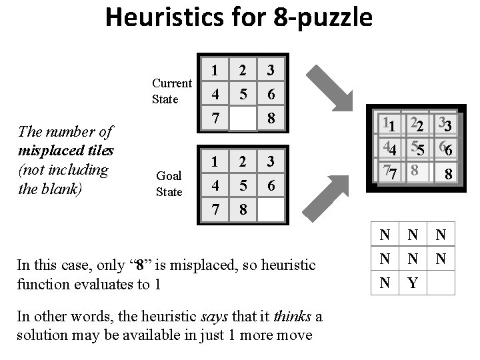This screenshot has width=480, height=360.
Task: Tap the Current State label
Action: point(171,91)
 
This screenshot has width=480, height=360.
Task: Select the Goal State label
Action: point(169,183)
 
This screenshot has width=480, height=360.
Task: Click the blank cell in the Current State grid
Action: point(243,119)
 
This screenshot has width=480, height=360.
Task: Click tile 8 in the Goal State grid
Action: point(243,209)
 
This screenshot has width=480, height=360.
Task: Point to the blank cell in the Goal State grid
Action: point(271,209)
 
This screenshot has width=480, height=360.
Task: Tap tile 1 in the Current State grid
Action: point(215,69)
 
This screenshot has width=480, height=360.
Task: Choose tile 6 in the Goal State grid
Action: point(271,185)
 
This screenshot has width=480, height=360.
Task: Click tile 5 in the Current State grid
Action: point(243,95)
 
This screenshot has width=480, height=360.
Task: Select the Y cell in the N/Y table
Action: point(413,283)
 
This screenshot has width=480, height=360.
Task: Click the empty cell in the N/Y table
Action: point(441,283)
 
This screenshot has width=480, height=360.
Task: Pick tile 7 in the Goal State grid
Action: point(215,209)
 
